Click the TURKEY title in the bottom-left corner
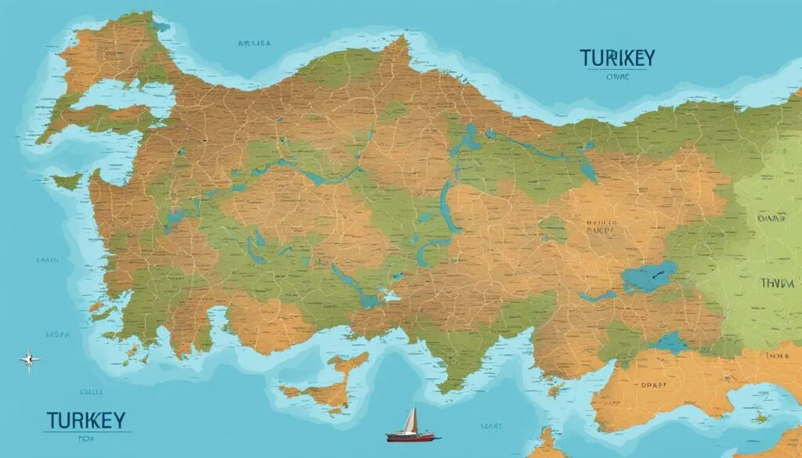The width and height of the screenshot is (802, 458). [x=85, y=420]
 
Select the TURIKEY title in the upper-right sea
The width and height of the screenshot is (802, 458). [x=617, y=59]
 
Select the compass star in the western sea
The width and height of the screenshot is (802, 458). [x=30, y=359]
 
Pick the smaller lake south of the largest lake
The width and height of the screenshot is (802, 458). [x=670, y=341]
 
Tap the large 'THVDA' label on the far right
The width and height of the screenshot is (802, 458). [x=778, y=283]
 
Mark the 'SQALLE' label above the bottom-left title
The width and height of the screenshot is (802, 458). [x=88, y=391]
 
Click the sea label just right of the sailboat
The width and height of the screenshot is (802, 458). [x=491, y=426]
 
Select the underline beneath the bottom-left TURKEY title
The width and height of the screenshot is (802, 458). [x=85, y=431]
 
